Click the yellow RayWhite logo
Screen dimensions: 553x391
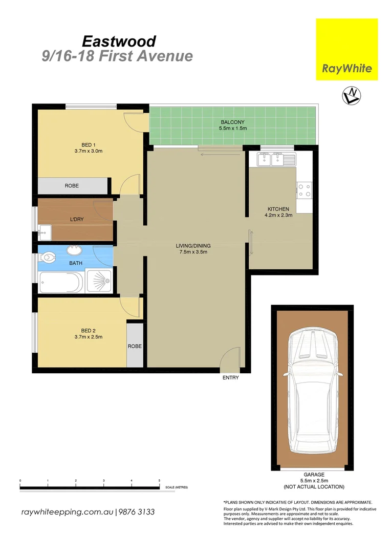pos(346,49)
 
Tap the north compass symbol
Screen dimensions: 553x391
pos(351,95)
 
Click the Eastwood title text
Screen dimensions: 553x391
pos(119,41)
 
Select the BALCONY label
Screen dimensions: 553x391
pos(232,122)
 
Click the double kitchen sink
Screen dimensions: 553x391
pos(271,159)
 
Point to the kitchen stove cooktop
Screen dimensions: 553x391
pos(304,190)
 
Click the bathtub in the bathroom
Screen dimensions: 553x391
pos(61,282)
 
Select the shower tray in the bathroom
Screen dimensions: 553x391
pos(98,282)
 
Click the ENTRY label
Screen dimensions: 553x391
pos(230,378)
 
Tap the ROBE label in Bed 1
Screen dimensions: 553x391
pos(72,186)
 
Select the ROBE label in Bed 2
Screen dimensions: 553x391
pos(135,346)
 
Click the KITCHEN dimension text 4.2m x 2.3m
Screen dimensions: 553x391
pos(278,216)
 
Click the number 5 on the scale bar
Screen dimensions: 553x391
pos(159,480)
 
